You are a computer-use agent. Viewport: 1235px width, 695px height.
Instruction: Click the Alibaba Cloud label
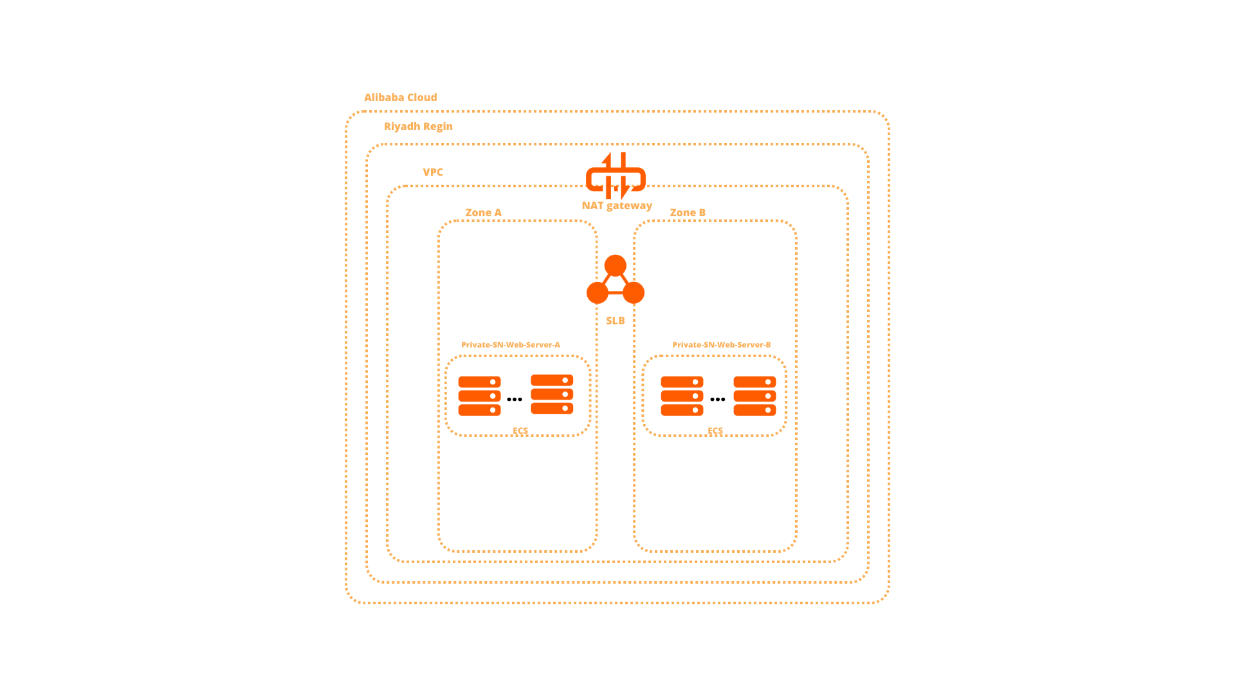coord(400,97)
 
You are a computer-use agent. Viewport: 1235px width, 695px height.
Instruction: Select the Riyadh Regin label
coord(418,126)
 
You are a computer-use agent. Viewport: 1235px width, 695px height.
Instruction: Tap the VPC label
coord(432,172)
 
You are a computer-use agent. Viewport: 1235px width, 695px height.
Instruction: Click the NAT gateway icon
coord(616,176)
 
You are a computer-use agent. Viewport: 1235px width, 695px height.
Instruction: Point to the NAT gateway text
coord(616,205)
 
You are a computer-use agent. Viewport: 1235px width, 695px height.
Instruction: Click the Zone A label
coord(483,212)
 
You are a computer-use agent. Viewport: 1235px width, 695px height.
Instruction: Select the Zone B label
coord(687,212)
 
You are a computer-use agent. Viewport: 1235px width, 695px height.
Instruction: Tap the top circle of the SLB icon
coord(615,265)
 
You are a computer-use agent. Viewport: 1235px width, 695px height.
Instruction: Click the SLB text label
coord(615,320)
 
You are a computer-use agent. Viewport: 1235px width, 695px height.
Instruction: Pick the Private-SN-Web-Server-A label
coord(510,344)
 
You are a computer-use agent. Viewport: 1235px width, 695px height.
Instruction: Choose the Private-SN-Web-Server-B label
coord(721,344)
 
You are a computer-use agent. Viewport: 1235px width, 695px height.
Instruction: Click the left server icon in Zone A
coord(479,396)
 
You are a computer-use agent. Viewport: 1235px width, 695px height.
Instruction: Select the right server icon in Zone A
coord(552,394)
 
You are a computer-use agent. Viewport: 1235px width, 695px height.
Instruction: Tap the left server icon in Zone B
coord(682,396)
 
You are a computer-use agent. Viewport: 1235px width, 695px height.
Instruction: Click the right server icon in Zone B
coord(755,396)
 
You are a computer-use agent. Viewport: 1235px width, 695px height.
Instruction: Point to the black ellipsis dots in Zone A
coord(514,400)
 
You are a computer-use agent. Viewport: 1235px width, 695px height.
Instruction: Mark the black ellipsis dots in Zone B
coord(717,400)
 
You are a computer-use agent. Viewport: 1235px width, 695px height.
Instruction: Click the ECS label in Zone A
coord(520,431)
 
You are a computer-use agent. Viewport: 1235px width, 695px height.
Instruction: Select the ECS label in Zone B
coord(715,431)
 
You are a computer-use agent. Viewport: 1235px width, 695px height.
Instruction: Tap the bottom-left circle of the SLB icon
coord(597,293)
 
